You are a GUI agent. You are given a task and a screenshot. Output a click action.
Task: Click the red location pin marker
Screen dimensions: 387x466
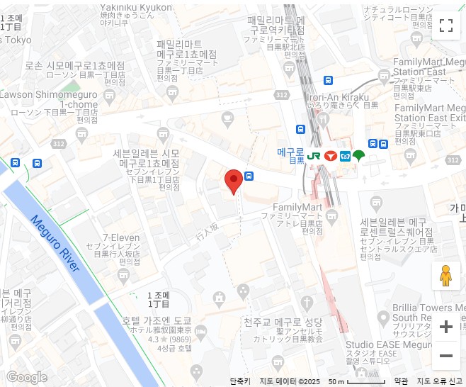[233, 181]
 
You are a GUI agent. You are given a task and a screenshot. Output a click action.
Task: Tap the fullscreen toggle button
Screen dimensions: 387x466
[445, 26]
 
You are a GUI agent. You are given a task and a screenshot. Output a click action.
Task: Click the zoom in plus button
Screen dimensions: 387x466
[445, 327]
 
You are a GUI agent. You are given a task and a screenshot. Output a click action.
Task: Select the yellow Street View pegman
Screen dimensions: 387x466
[445, 276]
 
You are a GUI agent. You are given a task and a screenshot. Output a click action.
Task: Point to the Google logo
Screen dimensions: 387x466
[26, 377]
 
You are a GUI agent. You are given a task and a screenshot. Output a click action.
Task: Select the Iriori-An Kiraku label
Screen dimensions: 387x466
[338, 96]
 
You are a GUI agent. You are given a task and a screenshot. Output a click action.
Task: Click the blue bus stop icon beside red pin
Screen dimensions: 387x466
[249, 176]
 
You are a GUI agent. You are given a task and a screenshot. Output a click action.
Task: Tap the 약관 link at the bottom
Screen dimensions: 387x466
[401, 381]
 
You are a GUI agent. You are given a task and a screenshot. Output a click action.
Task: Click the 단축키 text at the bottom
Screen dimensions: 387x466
[240, 381]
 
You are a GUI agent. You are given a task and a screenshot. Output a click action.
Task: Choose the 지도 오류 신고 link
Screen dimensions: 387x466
[439, 381]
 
